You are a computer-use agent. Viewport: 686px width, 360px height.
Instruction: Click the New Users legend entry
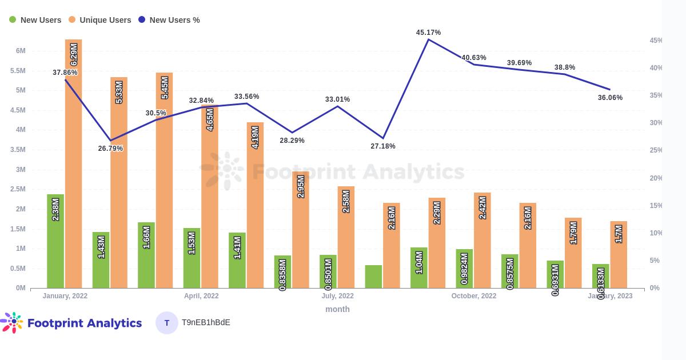coord(35,20)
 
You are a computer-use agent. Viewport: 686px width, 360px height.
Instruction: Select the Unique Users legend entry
coord(99,20)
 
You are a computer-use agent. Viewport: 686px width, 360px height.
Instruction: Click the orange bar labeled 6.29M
coord(73,166)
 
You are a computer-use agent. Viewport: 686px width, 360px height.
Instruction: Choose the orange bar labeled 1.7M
coord(619,254)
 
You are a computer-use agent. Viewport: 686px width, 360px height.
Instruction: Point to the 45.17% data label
coord(429,33)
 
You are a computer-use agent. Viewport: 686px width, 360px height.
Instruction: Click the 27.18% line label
coord(383,146)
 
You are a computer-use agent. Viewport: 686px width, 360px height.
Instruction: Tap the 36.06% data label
coord(610,98)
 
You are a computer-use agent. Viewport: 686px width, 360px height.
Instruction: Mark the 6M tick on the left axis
coord(21,51)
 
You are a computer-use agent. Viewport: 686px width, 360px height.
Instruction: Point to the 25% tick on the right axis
coord(656,150)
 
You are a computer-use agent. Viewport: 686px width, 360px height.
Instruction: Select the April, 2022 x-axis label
coord(201,296)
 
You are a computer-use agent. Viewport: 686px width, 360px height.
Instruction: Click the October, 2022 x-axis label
coord(474,296)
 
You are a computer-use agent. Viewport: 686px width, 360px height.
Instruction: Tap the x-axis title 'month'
coord(337,309)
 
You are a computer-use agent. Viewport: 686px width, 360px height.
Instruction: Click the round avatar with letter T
coord(167,323)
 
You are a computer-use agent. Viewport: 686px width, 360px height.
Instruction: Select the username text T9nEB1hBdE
coord(206,322)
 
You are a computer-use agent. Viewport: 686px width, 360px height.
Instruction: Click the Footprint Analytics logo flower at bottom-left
coord(13,322)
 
